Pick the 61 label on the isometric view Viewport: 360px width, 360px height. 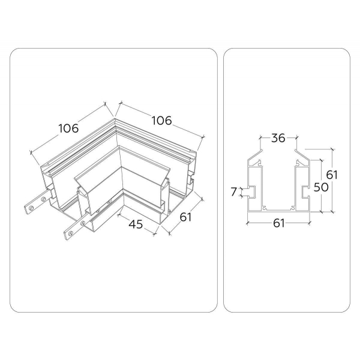coord(185,216)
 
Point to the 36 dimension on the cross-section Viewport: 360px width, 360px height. coord(278,138)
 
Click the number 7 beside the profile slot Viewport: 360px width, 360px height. coord(234,191)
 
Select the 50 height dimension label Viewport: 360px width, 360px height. coord(323,187)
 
